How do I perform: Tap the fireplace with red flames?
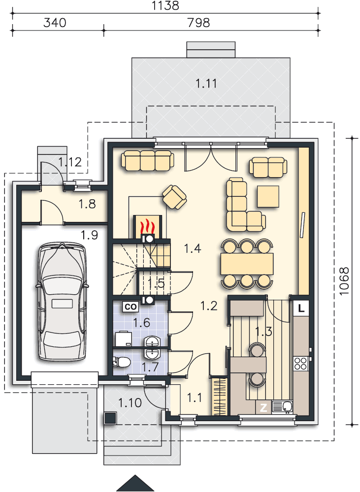coord(148,226)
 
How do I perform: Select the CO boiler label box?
coord(131,307)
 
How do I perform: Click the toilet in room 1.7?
coord(122,362)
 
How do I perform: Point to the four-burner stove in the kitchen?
coord(300,364)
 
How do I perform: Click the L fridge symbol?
coord(301,308)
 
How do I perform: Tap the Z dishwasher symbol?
coord(263,407)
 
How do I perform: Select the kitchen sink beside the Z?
coord(282,407)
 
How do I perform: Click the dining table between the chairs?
coord(247,264)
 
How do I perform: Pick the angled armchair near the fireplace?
coord(174,197)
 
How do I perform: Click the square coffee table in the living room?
coord(268,196)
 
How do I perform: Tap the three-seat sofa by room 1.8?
coord(147,160)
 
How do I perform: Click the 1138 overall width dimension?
coord(165,5)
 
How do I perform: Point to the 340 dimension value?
coord(55,23)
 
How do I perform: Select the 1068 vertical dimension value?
coord(344,281)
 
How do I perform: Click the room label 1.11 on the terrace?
coord(206,84)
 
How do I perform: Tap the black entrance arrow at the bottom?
coord(135,483)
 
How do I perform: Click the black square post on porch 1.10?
coord(110,418)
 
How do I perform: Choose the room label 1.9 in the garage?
coord(90,235)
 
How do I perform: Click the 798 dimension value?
coord(198,23)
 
